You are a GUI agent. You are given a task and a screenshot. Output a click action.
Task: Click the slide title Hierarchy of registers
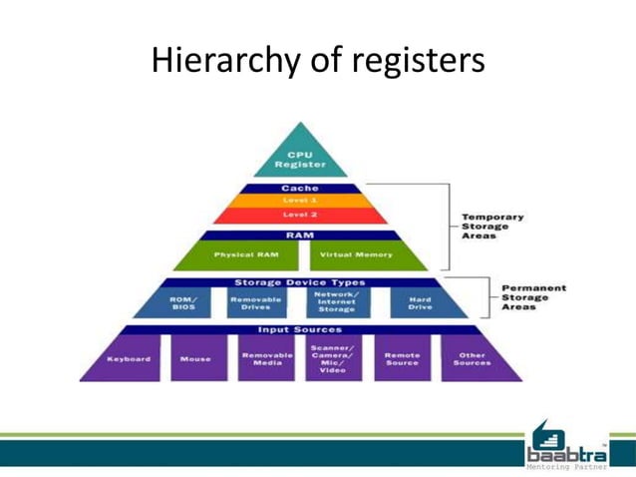[317, 62]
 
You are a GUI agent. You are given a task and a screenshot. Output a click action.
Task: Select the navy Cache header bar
[300, 189]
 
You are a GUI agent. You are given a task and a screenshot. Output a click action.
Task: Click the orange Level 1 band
[300, 201]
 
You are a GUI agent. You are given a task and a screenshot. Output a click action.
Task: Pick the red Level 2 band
[300, 216]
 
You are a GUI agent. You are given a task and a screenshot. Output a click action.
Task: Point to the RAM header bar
[300, 236]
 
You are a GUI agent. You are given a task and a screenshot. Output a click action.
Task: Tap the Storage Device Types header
[300, 282]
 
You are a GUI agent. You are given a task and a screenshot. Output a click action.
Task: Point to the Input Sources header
[300, 329]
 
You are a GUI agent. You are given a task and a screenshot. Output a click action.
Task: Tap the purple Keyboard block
[130, 358]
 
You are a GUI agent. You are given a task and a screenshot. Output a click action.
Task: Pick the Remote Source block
[403, 358]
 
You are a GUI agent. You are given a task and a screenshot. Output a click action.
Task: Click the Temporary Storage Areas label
[491, 227]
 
